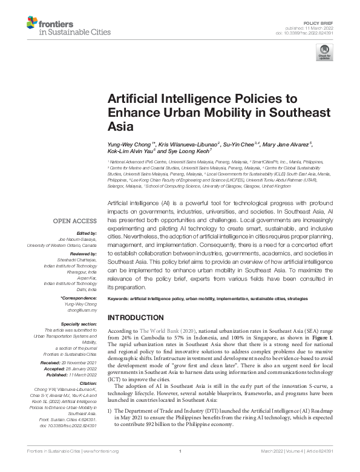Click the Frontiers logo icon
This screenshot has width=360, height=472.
pos(32,24)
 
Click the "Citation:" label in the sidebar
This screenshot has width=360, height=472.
pos(87,383)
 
